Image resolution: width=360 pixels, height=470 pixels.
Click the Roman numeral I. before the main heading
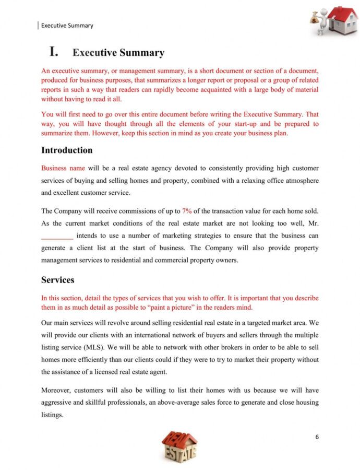(54, 52)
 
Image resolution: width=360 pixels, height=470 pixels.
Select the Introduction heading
(67, 150)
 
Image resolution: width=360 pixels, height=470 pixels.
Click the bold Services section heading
(57, 280)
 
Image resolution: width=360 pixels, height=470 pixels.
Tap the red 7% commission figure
(187, 211)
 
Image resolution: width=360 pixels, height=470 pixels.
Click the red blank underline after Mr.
(57, 236)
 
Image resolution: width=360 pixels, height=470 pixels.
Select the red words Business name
(63, 168)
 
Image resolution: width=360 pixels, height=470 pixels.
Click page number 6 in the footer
(316, 437)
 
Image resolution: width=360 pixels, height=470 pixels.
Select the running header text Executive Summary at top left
(67, 25)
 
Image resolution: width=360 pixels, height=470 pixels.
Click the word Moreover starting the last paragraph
(57, 390)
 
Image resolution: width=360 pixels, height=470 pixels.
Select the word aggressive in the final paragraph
(58, 403)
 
